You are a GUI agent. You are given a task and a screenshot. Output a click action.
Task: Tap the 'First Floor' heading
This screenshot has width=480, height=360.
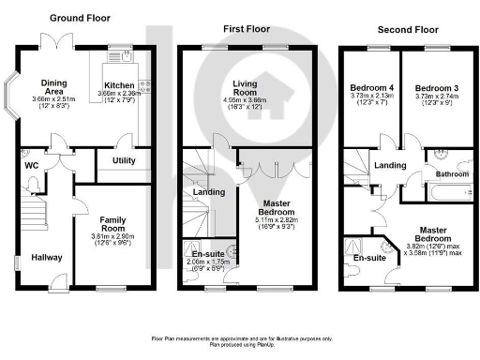click(247, 29)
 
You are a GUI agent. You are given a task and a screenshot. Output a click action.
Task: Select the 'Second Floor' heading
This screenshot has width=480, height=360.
click(399, 29)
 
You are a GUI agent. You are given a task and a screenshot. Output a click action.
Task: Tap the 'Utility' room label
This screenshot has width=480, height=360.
click(124, 161)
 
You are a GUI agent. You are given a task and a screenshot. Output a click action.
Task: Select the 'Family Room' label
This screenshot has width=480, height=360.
click(112, 223)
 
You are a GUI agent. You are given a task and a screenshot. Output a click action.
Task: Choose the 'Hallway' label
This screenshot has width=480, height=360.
click(46, 256)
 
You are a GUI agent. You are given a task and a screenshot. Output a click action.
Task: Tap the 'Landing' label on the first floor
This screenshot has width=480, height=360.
click(206, 193)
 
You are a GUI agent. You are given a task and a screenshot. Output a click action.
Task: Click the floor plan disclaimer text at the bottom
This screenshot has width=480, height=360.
click(240, 340)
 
